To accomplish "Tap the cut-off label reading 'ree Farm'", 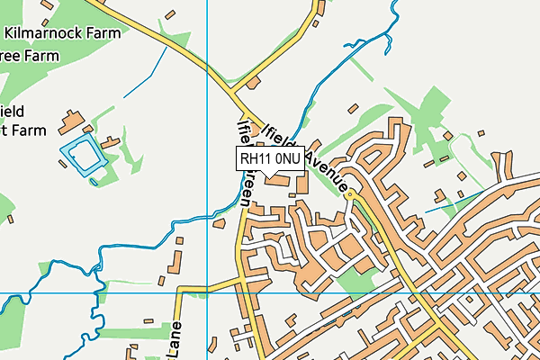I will pos(29,56).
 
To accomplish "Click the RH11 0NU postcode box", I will pos(271,158).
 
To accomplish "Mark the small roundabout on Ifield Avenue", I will pos(350,193).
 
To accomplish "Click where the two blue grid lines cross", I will pos(207,293).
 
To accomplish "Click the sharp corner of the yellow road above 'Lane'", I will pos(180,291).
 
